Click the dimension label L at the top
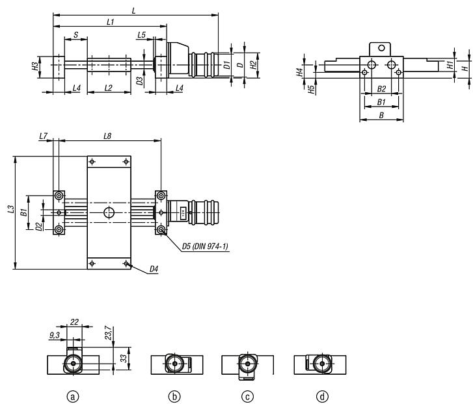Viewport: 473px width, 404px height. [133, 10]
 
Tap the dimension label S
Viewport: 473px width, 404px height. [75, 34]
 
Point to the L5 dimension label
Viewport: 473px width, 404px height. [142, 34]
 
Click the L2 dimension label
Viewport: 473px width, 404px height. [108, 87]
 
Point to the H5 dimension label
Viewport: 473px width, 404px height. [312, 89]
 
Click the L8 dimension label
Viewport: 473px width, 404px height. [108, 135]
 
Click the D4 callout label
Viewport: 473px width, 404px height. [154, 269]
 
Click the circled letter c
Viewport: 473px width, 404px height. [247, 396]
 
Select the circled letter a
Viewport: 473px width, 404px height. [74, 396]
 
